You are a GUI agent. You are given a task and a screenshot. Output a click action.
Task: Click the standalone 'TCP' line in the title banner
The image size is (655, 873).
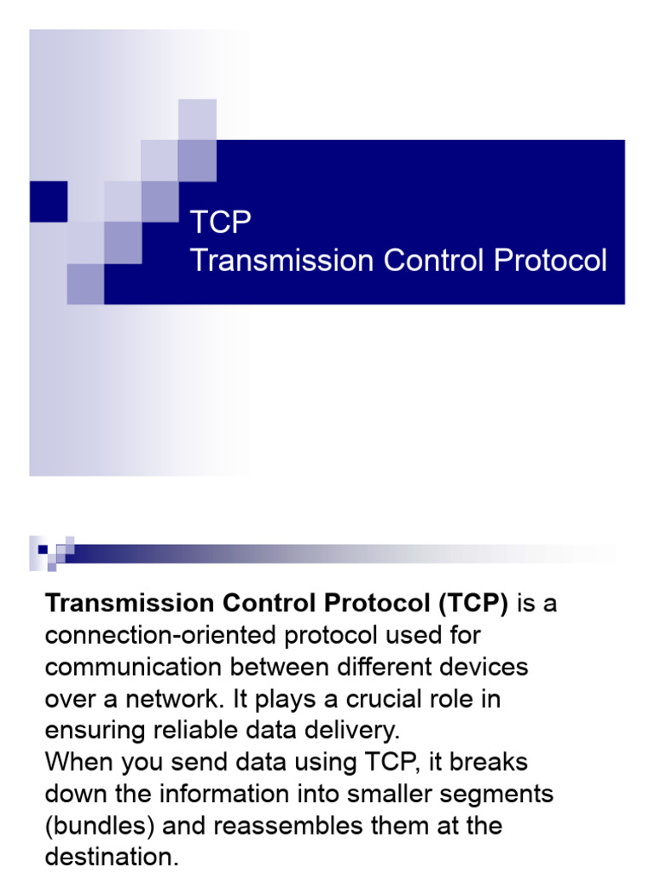(x=221, y=223)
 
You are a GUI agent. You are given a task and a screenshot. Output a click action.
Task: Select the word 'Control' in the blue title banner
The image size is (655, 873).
(x=425, y=261)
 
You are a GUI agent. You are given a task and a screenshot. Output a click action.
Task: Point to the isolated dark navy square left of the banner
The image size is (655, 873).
(x=49, y=202)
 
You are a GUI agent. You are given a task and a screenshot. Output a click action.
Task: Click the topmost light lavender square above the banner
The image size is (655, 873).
(x=197, y=118)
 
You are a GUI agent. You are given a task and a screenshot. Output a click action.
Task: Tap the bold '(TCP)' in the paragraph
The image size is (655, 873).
(x=473, y=604)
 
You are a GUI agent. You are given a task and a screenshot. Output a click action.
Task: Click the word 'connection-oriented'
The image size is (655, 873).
(x=159, y=636)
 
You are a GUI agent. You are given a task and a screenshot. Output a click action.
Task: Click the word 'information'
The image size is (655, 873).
(x=214, y=795)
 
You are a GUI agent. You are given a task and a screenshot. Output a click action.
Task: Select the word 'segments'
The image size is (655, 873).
(x=502, y=795)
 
